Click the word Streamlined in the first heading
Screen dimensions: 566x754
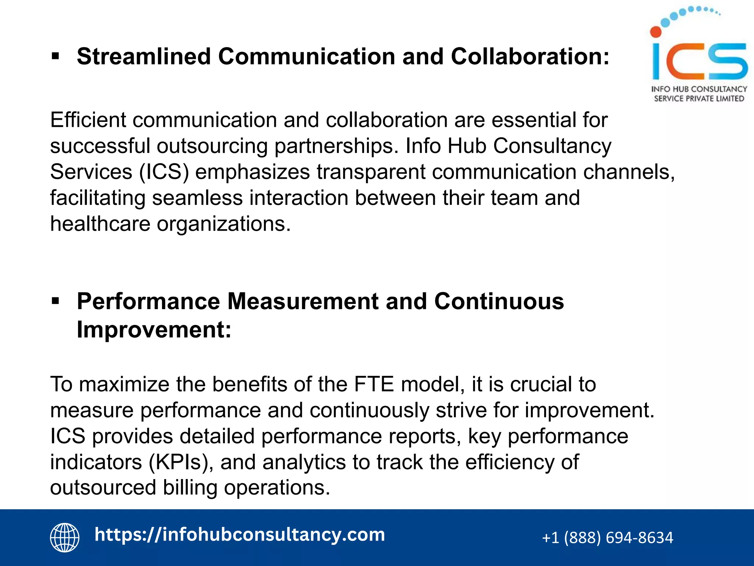pos(144,57)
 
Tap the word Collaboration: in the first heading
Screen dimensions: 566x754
pos(530,57)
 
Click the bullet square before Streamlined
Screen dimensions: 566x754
pos(56,56)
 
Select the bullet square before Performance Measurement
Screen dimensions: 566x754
pos(56,301)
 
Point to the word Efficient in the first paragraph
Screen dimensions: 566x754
pos(88,120)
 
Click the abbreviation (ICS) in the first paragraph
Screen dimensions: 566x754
pos(164,172)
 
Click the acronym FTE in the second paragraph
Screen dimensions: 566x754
pos(374,384)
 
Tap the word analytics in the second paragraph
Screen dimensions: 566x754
pos(304,462)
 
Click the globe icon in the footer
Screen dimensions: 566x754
pos(65,537)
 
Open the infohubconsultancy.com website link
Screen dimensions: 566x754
pos(240,535)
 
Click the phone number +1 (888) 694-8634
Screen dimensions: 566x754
pos(607,538)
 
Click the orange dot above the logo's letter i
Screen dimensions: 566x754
pos(656,32)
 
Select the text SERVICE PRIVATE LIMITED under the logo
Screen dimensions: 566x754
pos(699,99)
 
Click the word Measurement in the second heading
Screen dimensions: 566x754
pos(303,301)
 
